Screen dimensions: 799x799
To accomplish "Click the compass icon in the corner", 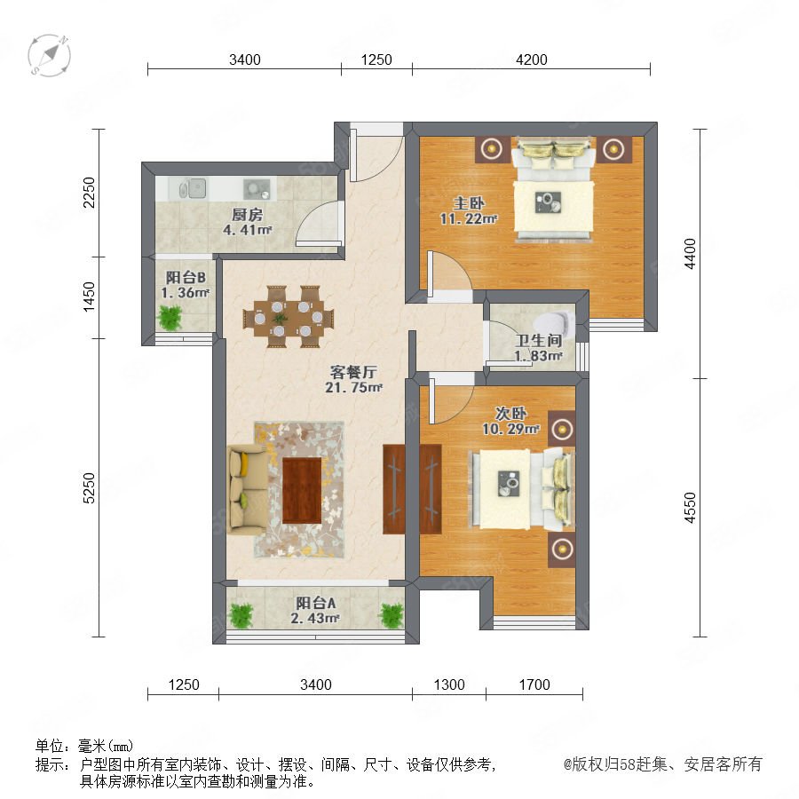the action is [x=50, y=56].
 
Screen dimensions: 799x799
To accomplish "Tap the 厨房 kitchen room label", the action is [x=247, y=215].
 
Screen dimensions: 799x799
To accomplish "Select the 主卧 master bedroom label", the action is [x=469, y=203].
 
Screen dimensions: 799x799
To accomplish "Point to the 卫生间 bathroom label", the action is [x=538, y=340].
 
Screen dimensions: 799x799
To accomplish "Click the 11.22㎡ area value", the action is [x=468, y=218].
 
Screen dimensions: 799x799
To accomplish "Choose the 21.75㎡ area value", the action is [x=353, y=387].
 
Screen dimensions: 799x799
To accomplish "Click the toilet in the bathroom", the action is [x=554, y=323].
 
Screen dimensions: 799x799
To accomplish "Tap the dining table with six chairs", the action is [x=289, y=317].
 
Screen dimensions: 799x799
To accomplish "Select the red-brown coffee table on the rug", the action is [x=302, y=490].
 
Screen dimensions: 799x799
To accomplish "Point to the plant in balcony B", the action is [x=170, y=317].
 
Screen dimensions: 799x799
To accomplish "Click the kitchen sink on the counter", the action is [x=193, y=188].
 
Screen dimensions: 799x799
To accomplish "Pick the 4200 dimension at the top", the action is [x=532, y=59].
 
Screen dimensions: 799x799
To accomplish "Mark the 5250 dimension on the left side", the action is [x=89, y=488].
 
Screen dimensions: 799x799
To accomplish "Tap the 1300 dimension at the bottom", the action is [x=449, y=684].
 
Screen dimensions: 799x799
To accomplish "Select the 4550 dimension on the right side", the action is [x=690, y=508].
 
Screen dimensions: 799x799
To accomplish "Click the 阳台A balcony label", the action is [x=316, y=604].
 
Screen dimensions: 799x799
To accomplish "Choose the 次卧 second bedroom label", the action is [x=510, y=413].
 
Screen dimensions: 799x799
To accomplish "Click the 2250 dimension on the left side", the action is [x=89, y=192].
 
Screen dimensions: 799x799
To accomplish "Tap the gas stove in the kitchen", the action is [x=257, y=188].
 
